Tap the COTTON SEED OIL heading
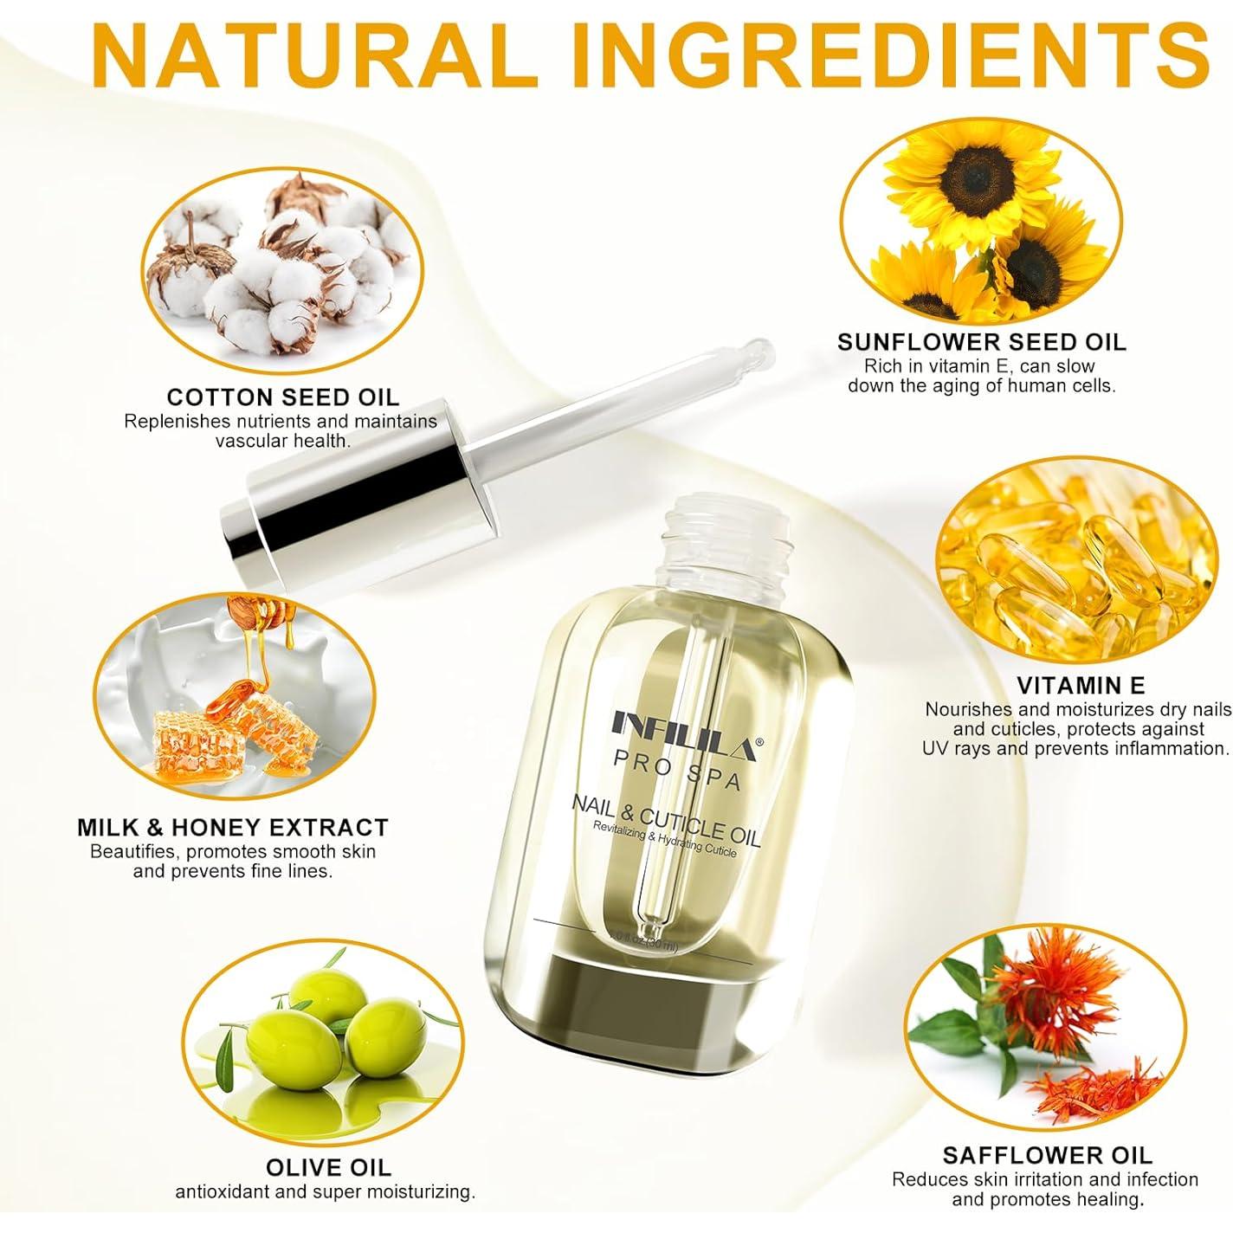tap(283, 397)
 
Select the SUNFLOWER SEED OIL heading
tap(982, 342)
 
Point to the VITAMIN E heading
tap(1081, 686)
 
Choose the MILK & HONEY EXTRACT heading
tap(233, 827)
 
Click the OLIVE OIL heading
tap(328, 1167)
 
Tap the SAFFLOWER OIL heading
tap(1048, 1154)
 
